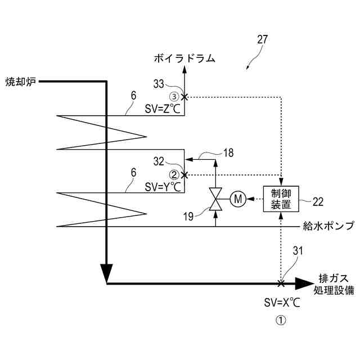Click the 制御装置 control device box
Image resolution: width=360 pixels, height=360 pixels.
click(x=281, y=199)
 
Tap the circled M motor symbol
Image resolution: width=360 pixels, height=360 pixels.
click(x=237, y=198)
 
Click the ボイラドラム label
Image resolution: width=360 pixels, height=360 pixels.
click(x=185, y=57)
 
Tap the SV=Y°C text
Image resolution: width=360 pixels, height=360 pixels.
click(x=163, y=186)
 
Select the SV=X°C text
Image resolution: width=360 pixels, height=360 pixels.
click(x=282, y=303)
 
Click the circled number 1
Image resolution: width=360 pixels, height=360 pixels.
click(x=280, y=321)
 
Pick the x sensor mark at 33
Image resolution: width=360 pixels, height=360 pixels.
click(x=184, y=97)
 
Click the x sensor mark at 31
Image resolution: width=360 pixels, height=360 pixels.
click(x=281, y=283)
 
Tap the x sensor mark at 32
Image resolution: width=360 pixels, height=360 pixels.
click(x=184, y=175)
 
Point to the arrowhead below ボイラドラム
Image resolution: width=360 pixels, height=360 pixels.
click(x=185, y=70)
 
